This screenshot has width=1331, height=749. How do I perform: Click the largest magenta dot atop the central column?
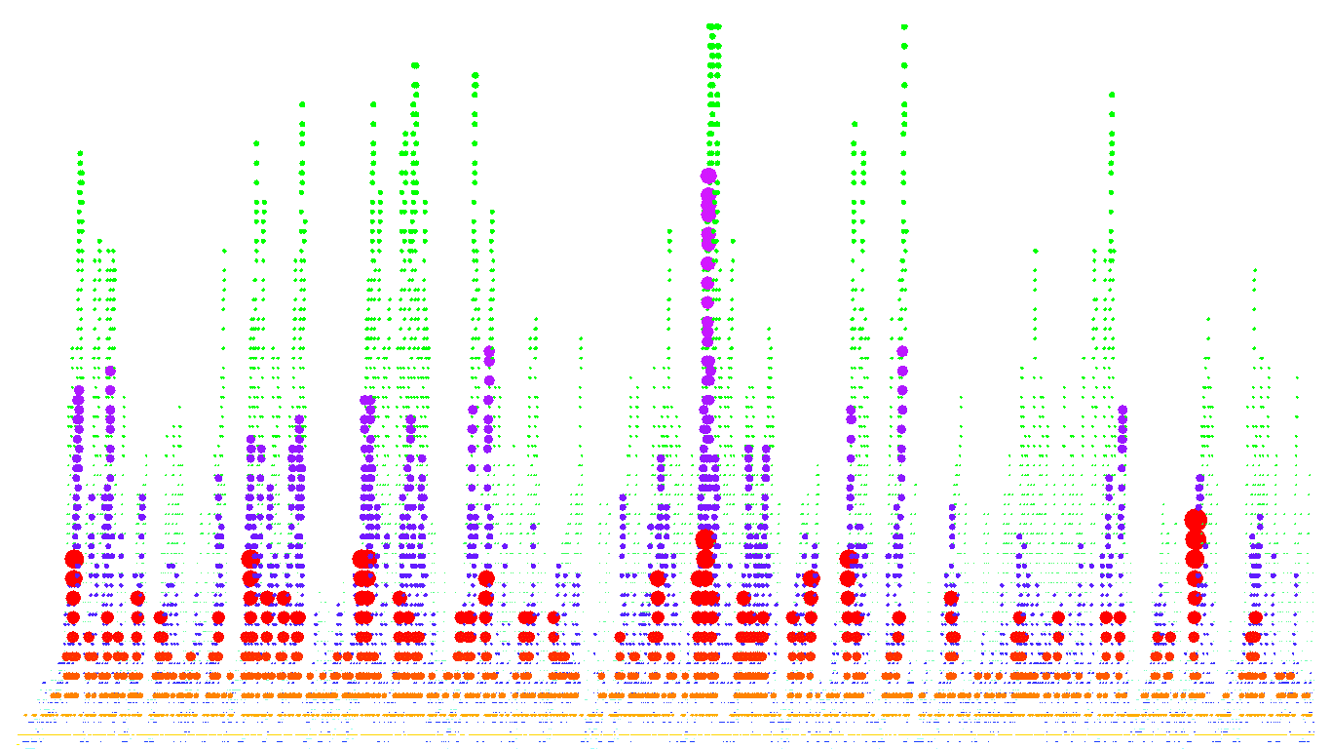pyautogui.click(x=708, y=177)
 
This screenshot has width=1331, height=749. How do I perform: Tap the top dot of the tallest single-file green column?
pyautogui.click(x=904, y=26)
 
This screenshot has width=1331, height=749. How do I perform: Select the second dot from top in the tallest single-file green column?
pyautogui.click(x=904, y=45)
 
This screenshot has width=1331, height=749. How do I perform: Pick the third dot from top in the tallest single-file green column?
pyautogui.click(x=904, y=65)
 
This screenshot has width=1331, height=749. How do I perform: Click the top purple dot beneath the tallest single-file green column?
pyautogui.click(x=902, y=351)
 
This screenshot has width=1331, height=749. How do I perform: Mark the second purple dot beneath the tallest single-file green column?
pyautogui.click(x=902, y=371)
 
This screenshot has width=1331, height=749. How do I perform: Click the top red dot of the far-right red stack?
pyautogui.click(x=1196, y=520)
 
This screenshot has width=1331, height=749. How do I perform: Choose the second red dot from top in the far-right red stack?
pyautogui.click(x=1196, y=539)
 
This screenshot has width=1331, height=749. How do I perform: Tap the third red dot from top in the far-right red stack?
pyautogui.click(x=1195, y=559)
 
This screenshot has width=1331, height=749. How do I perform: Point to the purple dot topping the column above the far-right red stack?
pyautogui.click(x=1199, y=479)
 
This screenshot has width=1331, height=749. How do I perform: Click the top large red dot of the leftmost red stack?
pyautogui.click(x=74, y=559)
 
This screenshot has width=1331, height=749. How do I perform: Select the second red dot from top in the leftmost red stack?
pyautogui.click(x=74, y=578)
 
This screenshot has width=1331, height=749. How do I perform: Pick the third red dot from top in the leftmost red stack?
pyautogui.click(x=73, y=598)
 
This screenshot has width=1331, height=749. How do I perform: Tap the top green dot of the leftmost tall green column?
pyautogui.click(x=80, y=153)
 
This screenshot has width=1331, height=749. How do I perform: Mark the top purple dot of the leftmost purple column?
pyautogui.click(x=78, y=390)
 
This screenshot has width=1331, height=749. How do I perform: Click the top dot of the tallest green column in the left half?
pyautogui.click(x=415, y=65)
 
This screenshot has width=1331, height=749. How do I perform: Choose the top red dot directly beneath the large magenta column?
pyautogui.click(x=705, y=539)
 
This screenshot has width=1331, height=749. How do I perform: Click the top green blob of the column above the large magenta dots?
pyautogui.click(x=713, y=26)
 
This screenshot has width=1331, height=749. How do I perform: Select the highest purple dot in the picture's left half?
pyautogui.click(x=489, y=351)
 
